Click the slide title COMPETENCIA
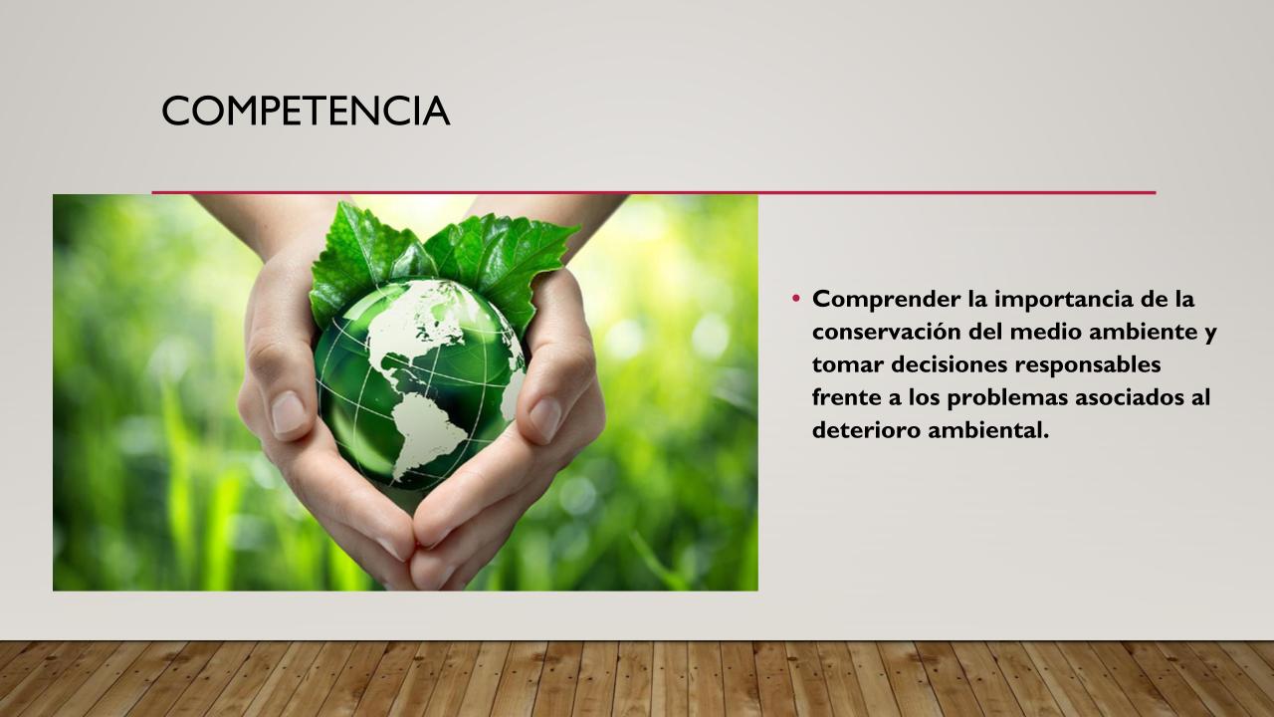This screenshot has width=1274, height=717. (306, 111)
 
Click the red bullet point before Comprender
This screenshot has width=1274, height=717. (795, 298)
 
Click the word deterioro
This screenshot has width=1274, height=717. (866, 429)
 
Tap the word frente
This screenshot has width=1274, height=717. (847, 397)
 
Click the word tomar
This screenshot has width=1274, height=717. (847, 364)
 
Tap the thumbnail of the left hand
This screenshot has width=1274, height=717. (289, 412)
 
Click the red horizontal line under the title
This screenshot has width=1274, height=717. (654, 193)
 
